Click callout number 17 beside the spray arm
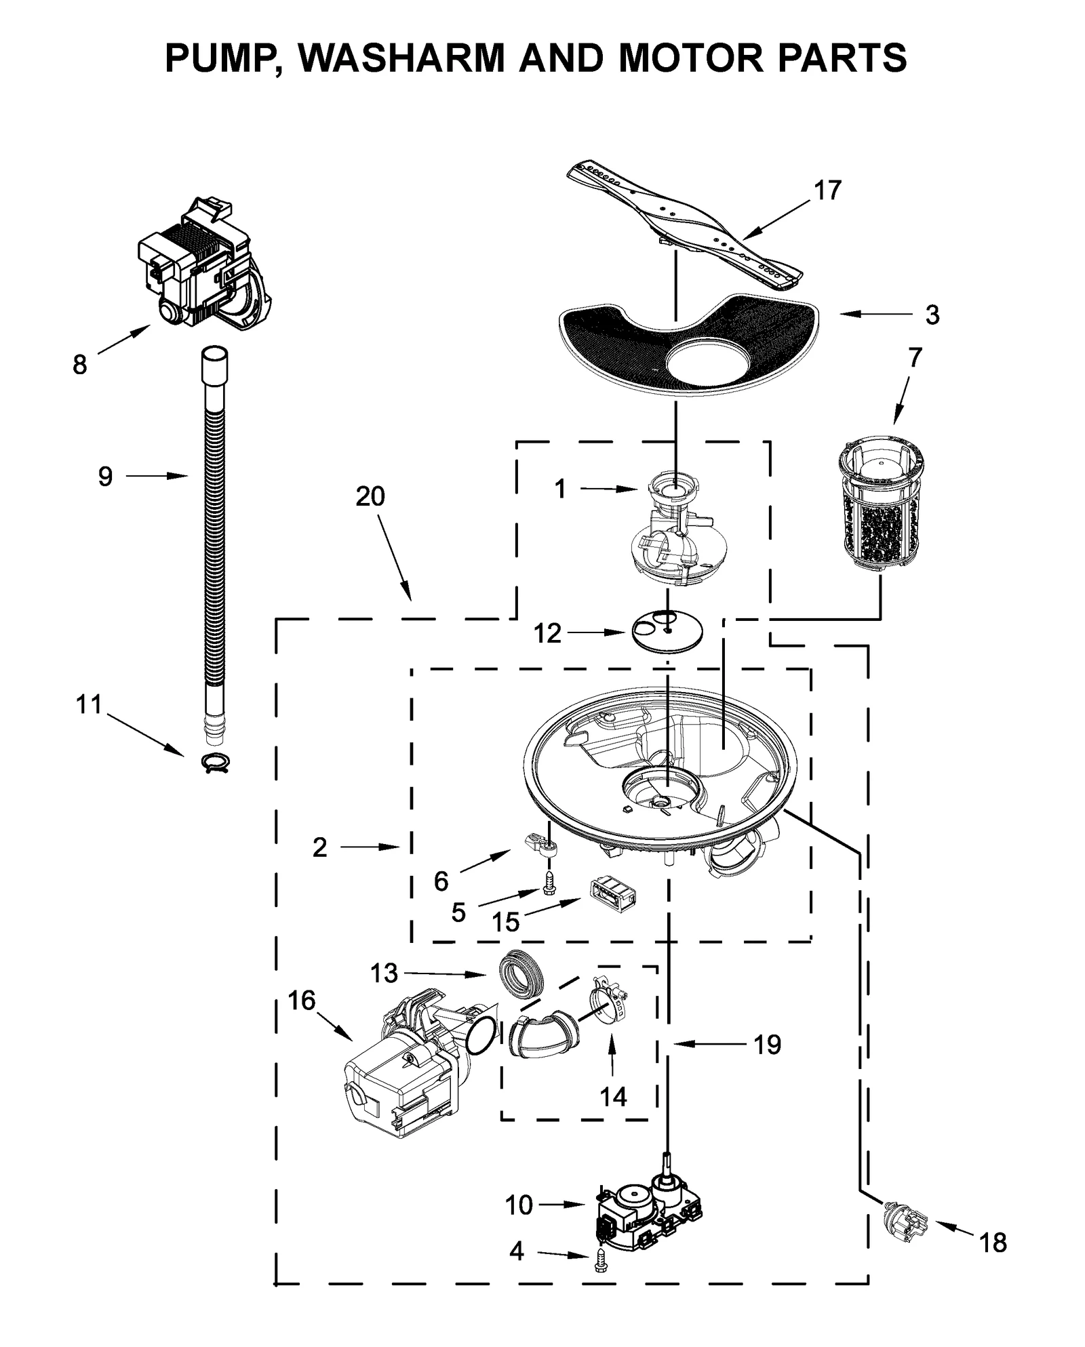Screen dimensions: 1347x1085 827,190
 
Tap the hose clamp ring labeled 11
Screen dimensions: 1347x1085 216,763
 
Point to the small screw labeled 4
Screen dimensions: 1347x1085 599,1258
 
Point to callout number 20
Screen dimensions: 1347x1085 370,497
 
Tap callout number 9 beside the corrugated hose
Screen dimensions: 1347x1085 105,477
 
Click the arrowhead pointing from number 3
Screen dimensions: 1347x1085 844,315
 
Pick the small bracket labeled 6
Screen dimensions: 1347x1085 540,843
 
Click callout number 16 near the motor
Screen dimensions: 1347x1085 302,1000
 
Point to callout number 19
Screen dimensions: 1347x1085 767,1045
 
